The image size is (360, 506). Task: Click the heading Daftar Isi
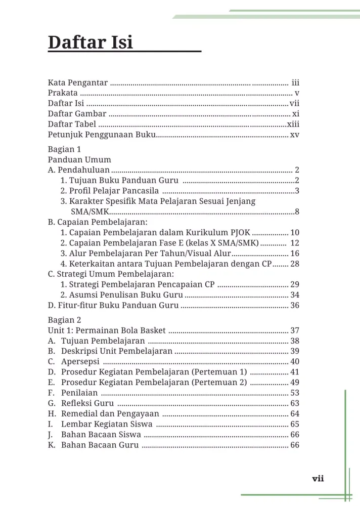[91, 42]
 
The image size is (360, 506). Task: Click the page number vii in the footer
[318, 479]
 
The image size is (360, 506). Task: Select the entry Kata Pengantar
[77, 82]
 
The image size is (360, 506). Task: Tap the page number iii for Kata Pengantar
[296, 82]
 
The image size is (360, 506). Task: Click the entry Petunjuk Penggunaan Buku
[102, 135]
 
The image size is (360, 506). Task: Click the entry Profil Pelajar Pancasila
[110, 191]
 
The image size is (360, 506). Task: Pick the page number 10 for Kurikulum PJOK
[295, 233]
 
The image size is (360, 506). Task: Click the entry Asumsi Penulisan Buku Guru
[122, 294]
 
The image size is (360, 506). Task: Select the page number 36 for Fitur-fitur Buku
[295, 305]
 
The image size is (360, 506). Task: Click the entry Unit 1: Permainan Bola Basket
[107, 330]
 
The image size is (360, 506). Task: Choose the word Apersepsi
[80, 361]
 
